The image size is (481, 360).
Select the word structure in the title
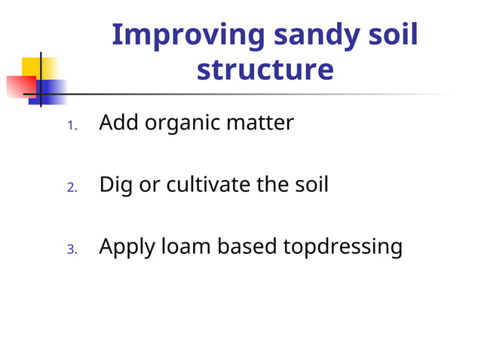(x=265, y=69)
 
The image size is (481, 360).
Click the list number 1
(x=72, y=126)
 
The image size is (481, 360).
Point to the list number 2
(x=72, y=188)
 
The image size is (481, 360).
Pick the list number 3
(x=72, y=249)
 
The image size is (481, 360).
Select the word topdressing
(x=342, y=247)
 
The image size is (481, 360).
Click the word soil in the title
(x=391, y=35)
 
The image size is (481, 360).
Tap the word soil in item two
(x=308, y=184)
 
